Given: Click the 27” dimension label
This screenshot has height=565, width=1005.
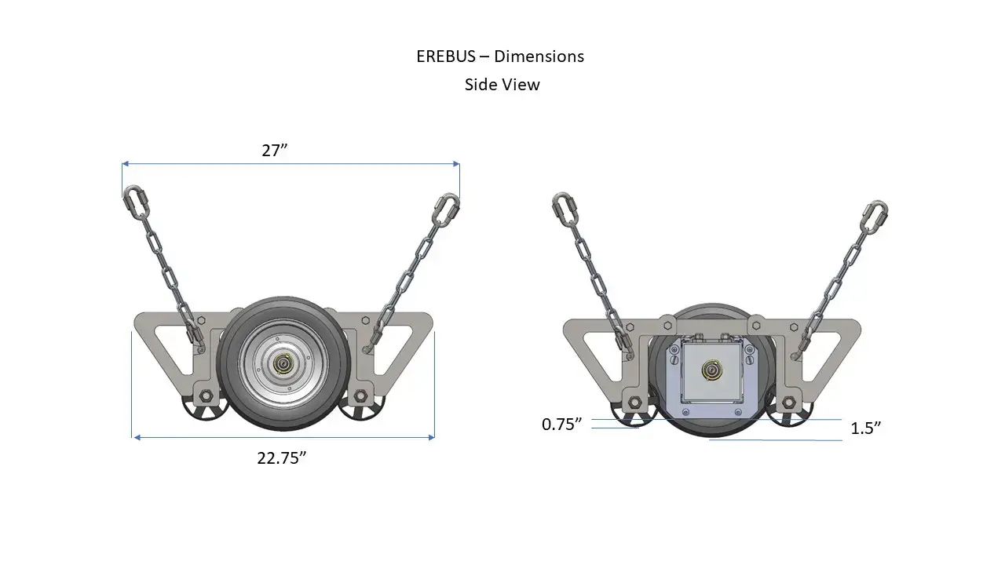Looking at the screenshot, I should click(x=275, y=151).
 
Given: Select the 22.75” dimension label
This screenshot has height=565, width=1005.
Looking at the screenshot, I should click(x=281, y=458).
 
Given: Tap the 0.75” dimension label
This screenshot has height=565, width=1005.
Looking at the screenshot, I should click(x=562, y=425).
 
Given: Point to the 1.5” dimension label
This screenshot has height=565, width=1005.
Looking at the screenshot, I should click(x=866, y=428).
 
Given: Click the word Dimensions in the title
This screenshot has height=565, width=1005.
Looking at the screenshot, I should click(x=539, y=56).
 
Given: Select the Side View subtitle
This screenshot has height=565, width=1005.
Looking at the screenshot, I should click(x=502, y=85).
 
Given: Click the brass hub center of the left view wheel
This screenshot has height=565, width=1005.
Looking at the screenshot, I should click(x=282, y=364).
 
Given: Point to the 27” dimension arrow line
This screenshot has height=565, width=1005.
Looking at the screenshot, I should click(x=291, y=164).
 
